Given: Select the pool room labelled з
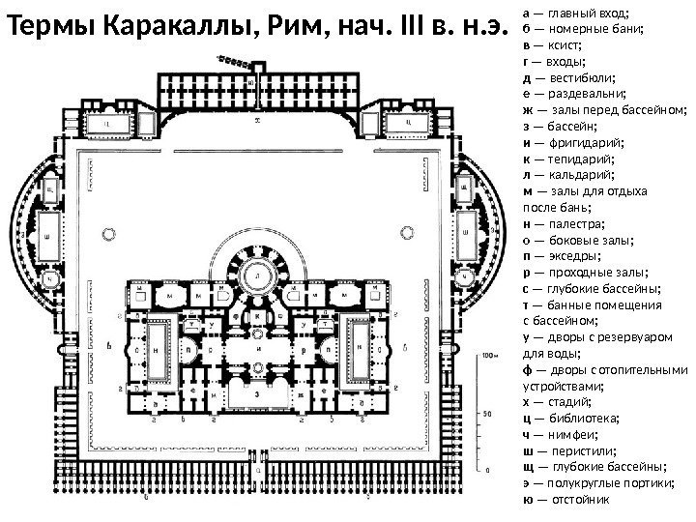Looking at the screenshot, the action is (x=257, y=394).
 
